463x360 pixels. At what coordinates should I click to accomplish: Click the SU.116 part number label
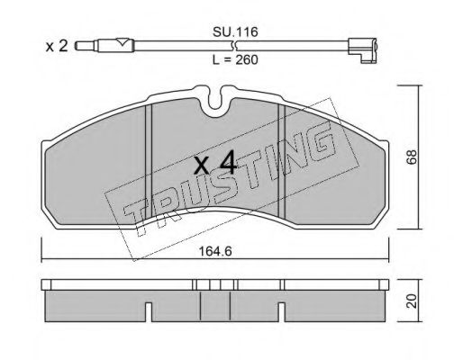(x=235, y=31)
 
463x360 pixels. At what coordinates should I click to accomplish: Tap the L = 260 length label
(x=235, y=60)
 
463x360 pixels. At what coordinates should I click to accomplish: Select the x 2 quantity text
(x=57, y=47)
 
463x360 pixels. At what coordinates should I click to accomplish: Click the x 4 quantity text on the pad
(x=215, y=164)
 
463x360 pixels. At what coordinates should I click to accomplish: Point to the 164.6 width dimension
(x=216, y=251)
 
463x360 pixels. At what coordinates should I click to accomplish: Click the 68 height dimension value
(x=412, y=157)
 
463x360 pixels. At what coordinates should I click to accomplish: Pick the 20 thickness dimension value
(x=412, y=301)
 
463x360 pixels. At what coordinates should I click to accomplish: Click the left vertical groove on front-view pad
(x=149, y=162)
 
